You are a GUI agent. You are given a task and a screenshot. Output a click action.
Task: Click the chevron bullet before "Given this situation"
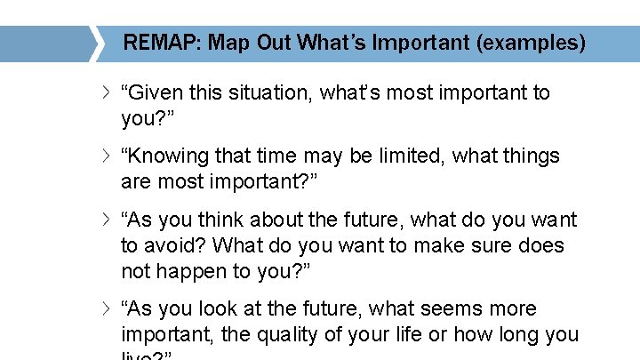(x=106, y=92)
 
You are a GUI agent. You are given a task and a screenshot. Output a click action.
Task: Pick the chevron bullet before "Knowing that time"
(x=106, y=156)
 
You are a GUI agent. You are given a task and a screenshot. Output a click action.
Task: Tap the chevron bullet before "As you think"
(x=106, y=220)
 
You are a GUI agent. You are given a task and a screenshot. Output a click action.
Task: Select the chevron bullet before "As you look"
(x=106, y=309)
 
